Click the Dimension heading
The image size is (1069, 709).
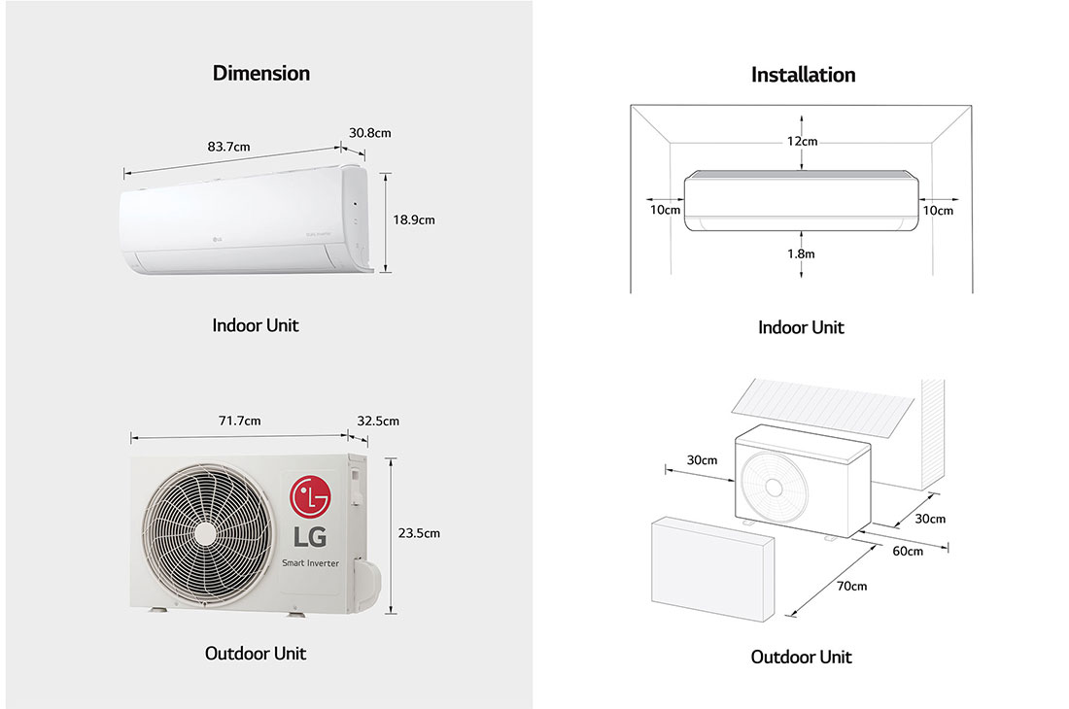click(260, 74)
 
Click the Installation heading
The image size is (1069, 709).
click(803, 75)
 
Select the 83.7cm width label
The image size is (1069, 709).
click(228, 147)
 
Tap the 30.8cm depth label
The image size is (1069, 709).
click(369, 132)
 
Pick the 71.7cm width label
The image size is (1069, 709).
click(239, 421)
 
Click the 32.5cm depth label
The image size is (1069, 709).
click(378, 421)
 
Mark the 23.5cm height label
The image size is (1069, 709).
click(419, 532)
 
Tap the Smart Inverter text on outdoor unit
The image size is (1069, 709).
click(311, 563)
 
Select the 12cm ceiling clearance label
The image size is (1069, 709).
click(802, 142)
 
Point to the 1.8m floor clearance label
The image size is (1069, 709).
click(802, 253)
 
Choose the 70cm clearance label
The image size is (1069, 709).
click(851, 586)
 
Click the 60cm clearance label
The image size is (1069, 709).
click(908, 551)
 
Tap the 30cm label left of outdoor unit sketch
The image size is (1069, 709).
click(702, 459)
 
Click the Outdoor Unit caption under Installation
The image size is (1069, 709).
click(801, 658)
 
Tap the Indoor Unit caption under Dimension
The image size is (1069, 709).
click(255, 325)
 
